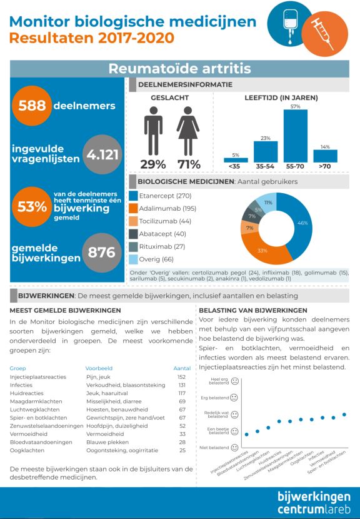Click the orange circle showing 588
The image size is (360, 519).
point(32,106)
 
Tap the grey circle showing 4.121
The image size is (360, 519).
point(102,154)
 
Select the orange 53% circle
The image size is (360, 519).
point(32,206)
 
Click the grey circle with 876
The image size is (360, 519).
point(102,253)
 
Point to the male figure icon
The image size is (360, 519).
point(153,131)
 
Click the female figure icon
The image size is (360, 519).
point(188,131)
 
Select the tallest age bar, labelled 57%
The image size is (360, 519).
point(295,136)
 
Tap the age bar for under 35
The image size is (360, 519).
point(236,160)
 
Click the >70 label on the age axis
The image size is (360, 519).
point(324,166)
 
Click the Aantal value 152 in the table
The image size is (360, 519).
point(181,377)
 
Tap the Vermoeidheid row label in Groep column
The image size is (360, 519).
point(29,434)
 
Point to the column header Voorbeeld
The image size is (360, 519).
point(99,368)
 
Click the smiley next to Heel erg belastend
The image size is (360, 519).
point(234,381)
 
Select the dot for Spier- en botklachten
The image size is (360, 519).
point(344,415)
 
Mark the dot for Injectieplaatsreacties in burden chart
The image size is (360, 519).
point(246,434)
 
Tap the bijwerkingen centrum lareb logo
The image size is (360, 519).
point(314,503)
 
